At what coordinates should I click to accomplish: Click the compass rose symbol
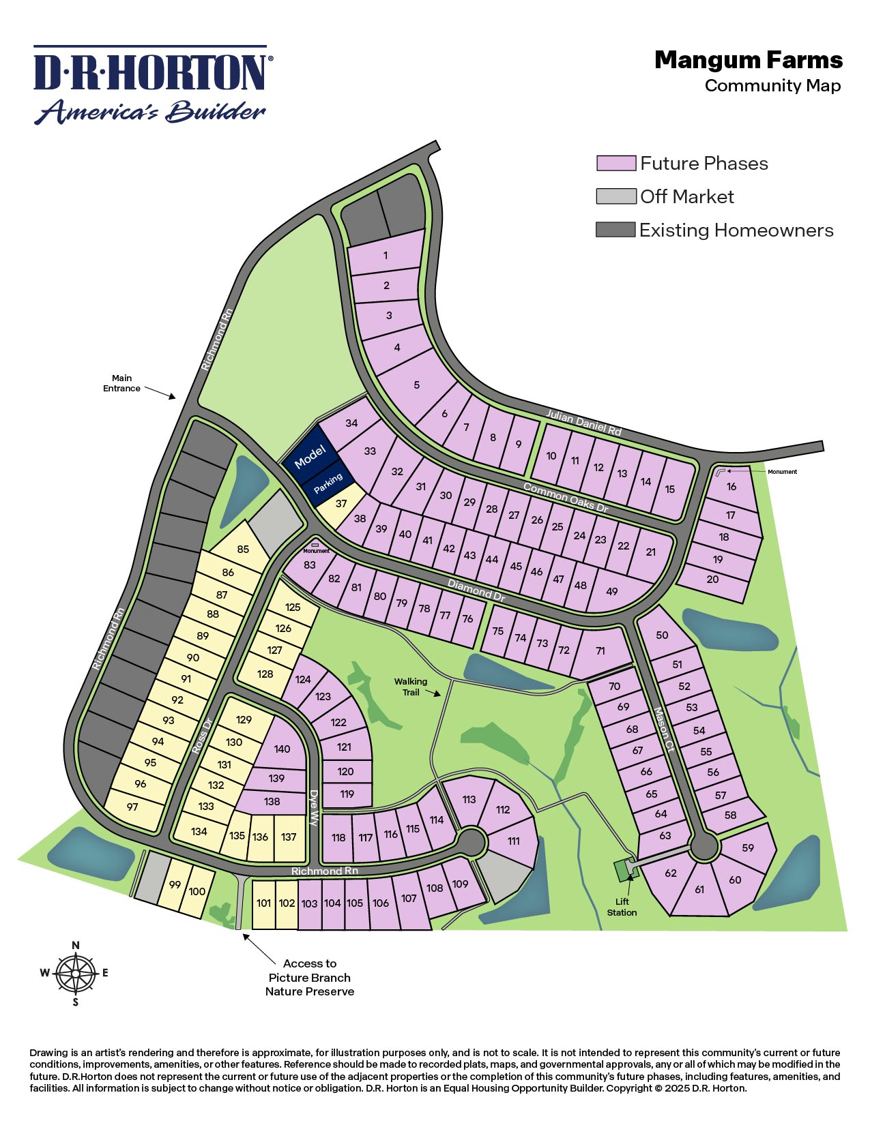[x=76, y=973]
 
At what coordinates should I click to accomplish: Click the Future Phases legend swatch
[x=615, y=163]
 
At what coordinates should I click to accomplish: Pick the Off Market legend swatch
[x=615, y=196]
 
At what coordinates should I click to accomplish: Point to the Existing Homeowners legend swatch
[x=615, y=230]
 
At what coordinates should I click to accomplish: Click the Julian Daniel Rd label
[x=584, y=422]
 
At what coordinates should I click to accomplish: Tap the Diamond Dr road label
[x=476, y=589]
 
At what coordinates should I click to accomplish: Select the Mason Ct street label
[x=663, y=729]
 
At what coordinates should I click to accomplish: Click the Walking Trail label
[x=411, y=687]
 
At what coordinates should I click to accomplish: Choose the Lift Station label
[x=622, y=907]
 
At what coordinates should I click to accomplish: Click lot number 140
[x=282, y=749]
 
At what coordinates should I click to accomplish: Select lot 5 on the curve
[x=417, y=385]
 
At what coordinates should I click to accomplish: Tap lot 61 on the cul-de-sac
[x=699, y=889]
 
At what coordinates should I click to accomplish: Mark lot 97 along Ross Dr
[x=132, y=807]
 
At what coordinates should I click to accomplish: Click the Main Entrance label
[x=121, y=383]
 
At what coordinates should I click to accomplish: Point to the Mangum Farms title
[x=749, y=61]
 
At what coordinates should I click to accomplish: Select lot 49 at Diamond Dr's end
[x=612, y=591]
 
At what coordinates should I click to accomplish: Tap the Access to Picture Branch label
[x=310, y=977]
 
